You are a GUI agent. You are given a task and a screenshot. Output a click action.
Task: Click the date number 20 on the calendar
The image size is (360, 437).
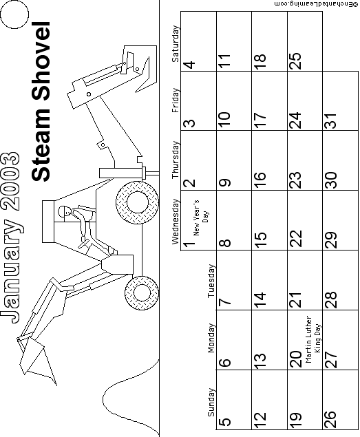(296, 359)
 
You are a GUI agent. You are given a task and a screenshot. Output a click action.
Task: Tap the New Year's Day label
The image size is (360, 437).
(200, 217)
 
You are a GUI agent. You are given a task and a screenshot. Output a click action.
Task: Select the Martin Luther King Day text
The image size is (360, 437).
(313, 339)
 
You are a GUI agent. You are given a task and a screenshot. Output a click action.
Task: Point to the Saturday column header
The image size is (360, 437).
(175, 44)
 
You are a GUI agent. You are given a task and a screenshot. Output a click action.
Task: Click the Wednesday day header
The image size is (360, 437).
(175, 222)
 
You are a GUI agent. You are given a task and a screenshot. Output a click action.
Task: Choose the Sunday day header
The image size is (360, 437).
(211, 402)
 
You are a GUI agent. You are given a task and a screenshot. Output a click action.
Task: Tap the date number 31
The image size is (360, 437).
(331, 120)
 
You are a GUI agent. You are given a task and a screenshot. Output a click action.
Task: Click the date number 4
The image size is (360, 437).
(189, 65)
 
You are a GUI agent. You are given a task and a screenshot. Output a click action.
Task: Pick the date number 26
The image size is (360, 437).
(331, 419)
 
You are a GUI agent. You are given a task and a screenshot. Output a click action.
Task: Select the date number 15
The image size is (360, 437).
(260, 240)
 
